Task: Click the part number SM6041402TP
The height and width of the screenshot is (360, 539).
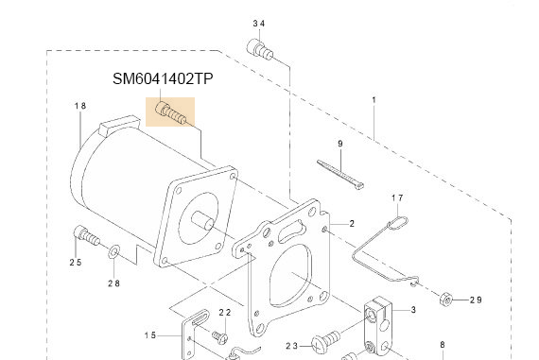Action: (x=163, y=79)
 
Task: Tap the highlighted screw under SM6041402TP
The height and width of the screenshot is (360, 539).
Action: (x=171, y=112)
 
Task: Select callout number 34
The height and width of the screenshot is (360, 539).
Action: (x=259, y=24)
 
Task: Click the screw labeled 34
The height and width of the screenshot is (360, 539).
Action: (x=260, y=50)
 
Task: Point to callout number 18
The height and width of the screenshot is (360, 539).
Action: (x=80, y=106)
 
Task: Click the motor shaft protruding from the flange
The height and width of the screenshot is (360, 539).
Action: (x=203, y=220)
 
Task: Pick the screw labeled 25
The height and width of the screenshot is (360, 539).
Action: (x=87, y=235)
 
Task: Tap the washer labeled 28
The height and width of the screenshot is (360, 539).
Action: (x=113, y=251)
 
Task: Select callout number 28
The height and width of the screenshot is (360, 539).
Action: (x=113, y=283)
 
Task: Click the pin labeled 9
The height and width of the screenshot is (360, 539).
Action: (x=340, y=175)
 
